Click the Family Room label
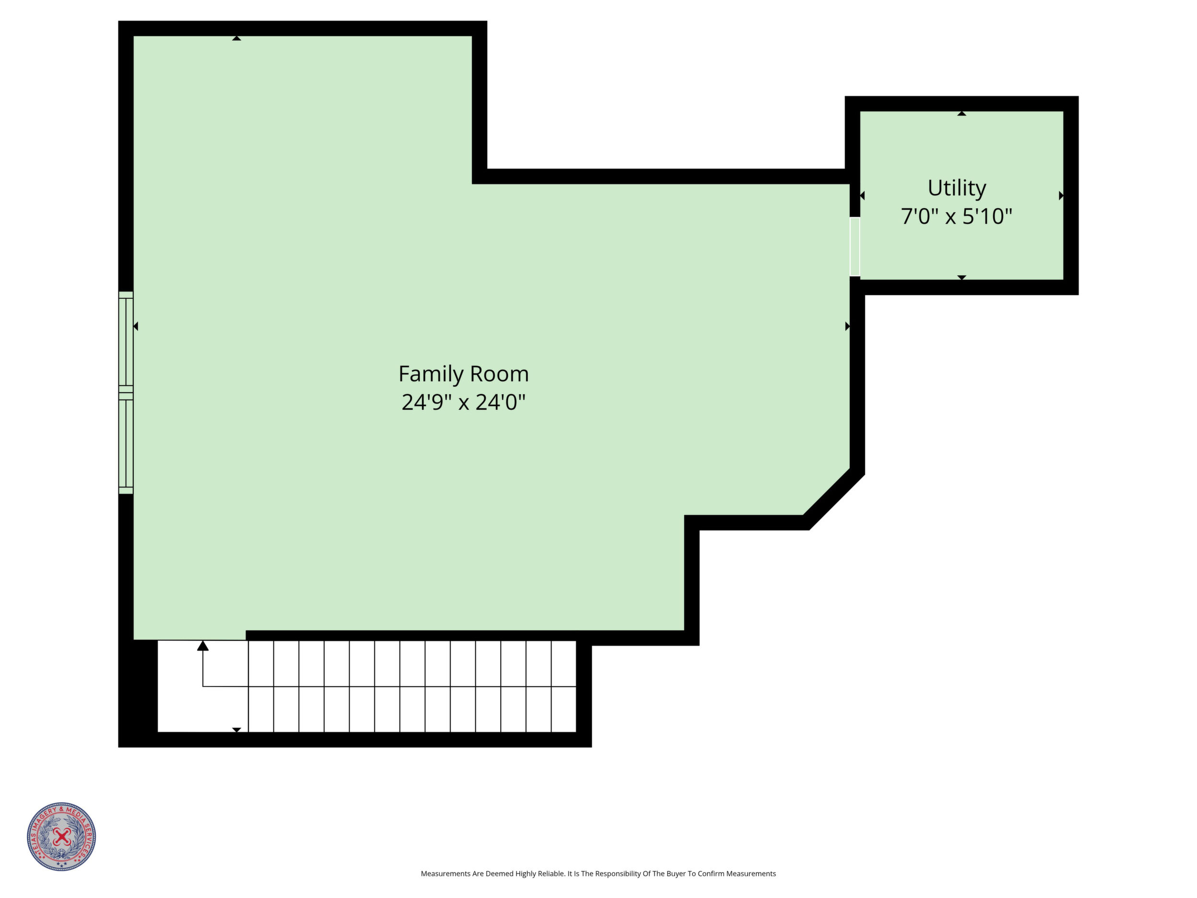click(463, 374)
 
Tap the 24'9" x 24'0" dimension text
click(463, 402)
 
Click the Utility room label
click(957, 189)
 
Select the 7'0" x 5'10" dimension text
click(956, 216)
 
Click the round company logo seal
click(62, 836)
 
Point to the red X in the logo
click(62, 837)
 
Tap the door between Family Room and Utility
click(855, 247)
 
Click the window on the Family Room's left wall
click(126, 392)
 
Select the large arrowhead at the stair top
click(202, 646)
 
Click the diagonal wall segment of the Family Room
click(833, 498)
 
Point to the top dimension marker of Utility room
click(962, 113)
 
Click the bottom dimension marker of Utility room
click(962, 278)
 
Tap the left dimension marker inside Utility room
click(862, 195)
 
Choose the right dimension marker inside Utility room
click(1061, 195)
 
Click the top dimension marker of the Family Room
click(236, 38)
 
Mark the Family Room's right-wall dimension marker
click(847, 326)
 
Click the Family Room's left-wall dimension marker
click(136, 326)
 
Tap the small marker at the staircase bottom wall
click(236, 730)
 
